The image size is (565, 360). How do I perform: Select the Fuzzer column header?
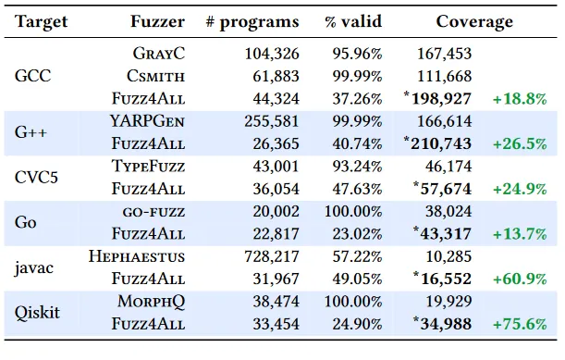[x=157, y=21]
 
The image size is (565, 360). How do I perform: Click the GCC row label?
[x=33, y=77]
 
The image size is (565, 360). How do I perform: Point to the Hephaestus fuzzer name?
[x=137, y=254]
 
